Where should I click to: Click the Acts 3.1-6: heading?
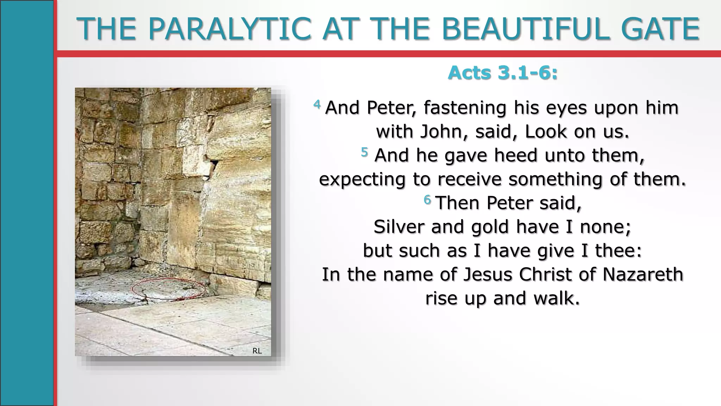503,73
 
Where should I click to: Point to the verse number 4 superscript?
317,104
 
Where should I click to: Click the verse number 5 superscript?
364,152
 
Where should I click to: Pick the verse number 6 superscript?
427,200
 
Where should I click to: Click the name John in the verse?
444,132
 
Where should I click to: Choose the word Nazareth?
643,275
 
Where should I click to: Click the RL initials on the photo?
257,351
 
